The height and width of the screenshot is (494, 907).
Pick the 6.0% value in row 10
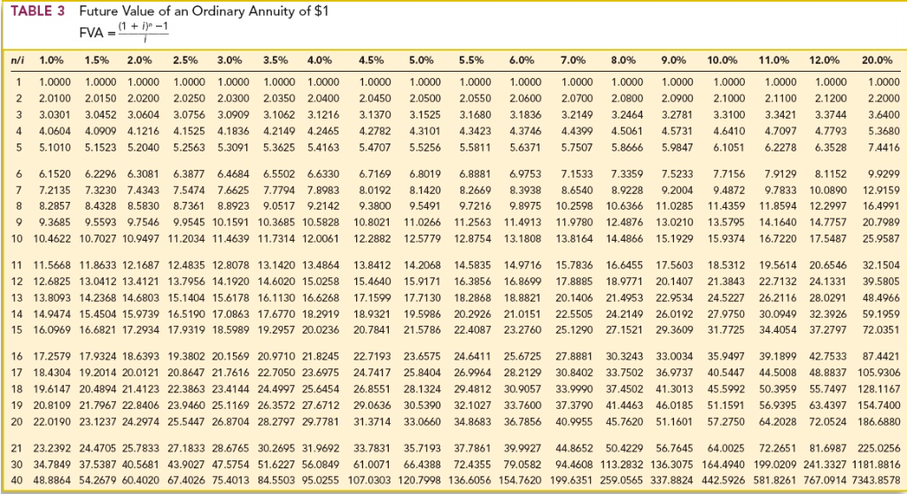tap(520, 239)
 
